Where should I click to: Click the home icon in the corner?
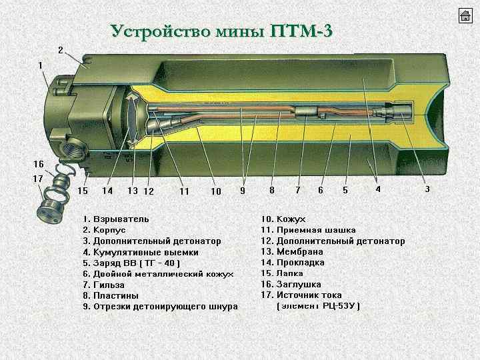pos(465,17)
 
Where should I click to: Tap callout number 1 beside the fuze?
pos(41,65)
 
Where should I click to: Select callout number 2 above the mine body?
pos(60,50)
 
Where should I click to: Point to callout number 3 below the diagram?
pos(427,189)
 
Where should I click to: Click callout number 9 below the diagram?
pos(243,191)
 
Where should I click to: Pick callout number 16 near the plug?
pos(39,164)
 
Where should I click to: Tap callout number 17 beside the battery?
pos(39,179)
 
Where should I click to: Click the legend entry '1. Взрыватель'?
pos(116,219)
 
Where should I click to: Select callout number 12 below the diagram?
pos(149,191)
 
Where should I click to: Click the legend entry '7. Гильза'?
pos(107,285)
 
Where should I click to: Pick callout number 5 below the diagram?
pos(345,190)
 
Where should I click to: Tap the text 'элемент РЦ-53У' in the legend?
pos(318,306)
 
